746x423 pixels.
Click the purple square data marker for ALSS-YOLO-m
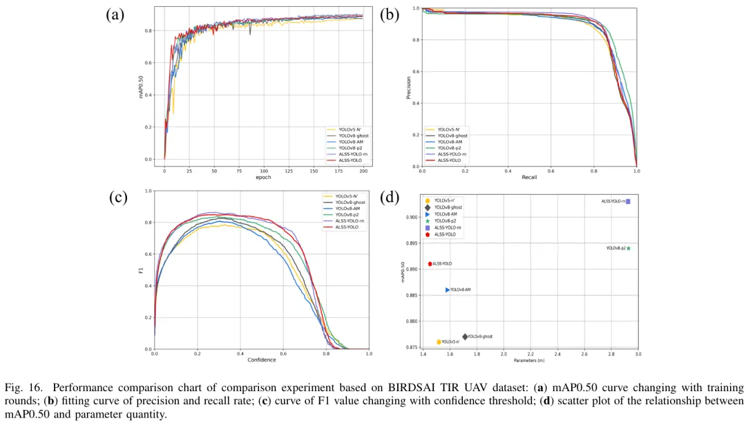coord(628,201)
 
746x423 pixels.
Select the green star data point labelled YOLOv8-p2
coord(629,248)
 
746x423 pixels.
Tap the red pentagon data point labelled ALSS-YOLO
coord(430,263)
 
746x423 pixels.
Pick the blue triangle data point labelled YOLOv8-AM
coord(448,290)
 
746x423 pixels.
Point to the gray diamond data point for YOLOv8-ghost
coord(465,337)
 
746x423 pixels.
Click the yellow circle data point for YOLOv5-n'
coord(439,341)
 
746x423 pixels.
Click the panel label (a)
coord(115,15)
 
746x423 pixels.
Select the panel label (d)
coord(390,198)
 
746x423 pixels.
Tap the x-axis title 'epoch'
coord(263,178)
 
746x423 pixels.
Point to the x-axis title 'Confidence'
coord(261,359)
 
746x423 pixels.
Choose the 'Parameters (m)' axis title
coord(528,360)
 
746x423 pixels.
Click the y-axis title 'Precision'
coord(408,88)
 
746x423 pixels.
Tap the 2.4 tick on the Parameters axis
coord(557,354)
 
